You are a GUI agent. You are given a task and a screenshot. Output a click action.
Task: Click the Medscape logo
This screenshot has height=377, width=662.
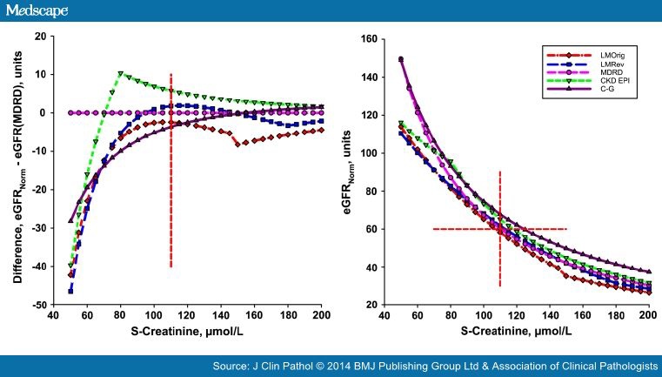tap(37, 10)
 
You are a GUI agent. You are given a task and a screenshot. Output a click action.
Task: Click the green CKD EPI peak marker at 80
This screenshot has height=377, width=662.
tap(120, 73)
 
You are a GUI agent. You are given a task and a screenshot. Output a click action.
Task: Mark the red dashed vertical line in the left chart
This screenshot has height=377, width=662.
tap(171, 174)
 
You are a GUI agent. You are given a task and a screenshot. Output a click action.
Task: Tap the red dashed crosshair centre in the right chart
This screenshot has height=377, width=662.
tap(500, 229)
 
